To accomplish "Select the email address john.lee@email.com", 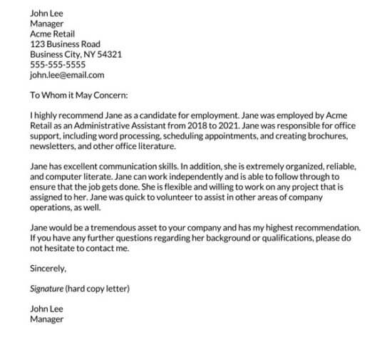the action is point(67,75).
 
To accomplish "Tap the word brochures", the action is point(325,135).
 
